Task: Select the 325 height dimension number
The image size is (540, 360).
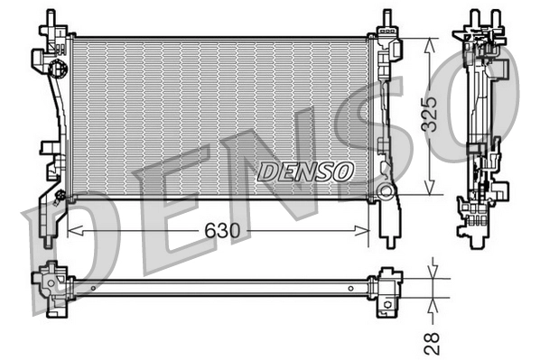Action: coord(435,115)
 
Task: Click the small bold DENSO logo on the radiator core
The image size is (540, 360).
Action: coord(306,170)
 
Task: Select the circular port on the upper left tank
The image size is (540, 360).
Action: coord(57,69)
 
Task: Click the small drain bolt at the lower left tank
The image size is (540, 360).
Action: coord(60,195)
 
